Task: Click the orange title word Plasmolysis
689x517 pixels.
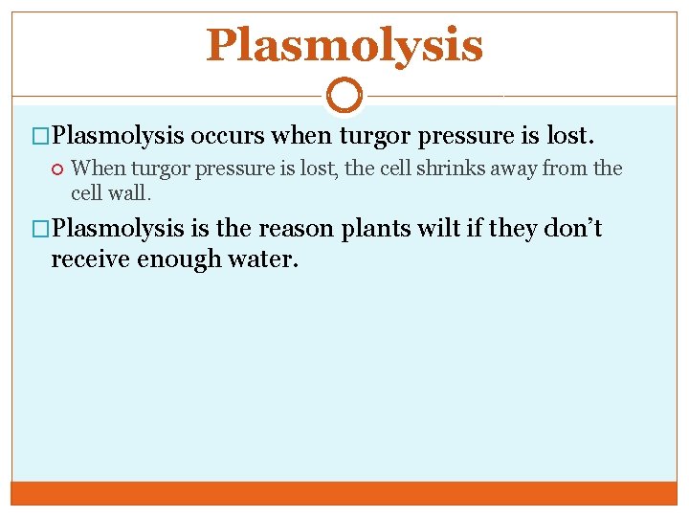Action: point(344,45)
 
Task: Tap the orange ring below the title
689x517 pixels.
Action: point(344,96)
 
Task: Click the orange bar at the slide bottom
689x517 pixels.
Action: point(344,492)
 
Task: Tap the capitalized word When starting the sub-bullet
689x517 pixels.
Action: point(98,169)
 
